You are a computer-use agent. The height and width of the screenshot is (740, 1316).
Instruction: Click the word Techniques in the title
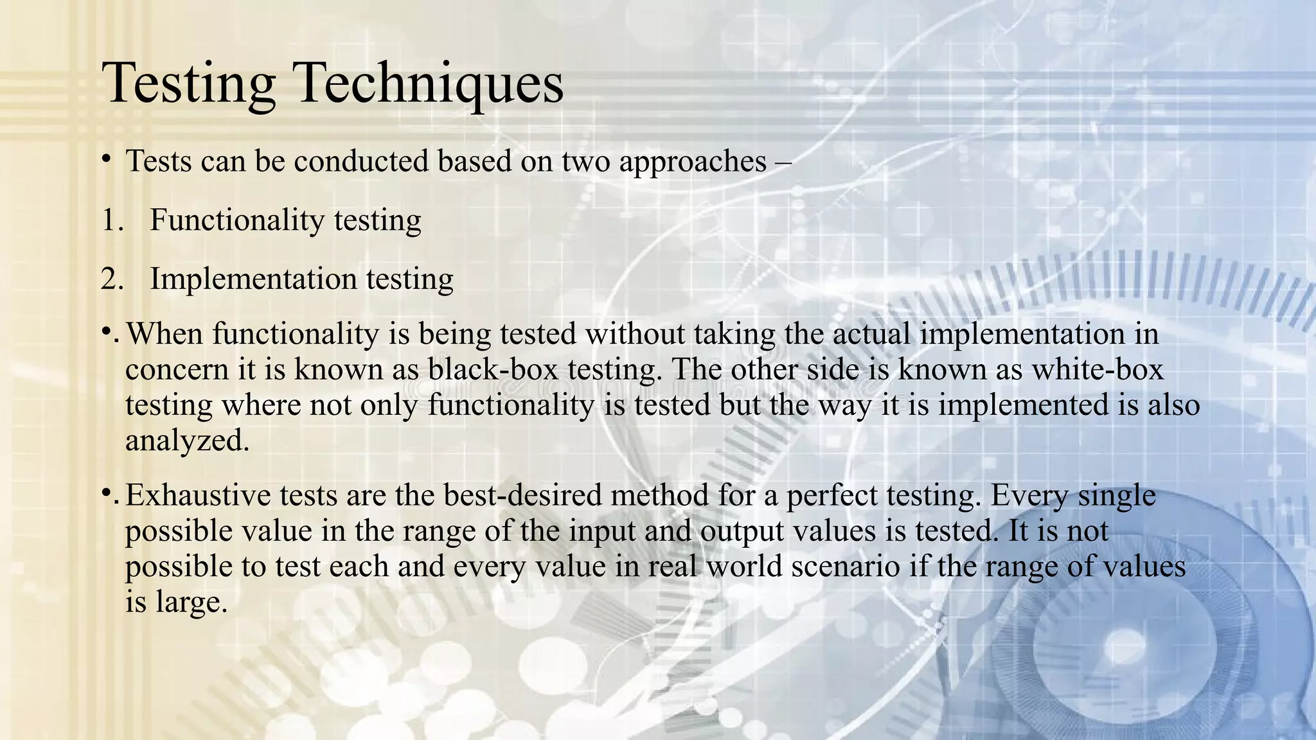click(429, 84)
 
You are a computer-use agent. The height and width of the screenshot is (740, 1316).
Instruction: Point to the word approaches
click(693, 162)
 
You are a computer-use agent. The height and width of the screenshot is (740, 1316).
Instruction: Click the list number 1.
click(112, 220)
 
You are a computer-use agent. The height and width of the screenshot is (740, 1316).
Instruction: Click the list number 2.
click(112, 279)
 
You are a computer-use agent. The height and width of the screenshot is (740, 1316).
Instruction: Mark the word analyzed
click(186, 441)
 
